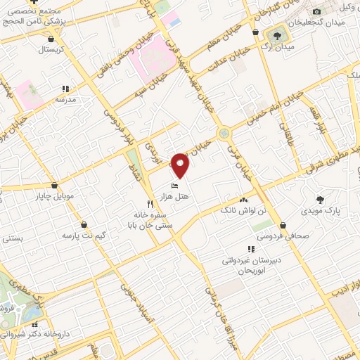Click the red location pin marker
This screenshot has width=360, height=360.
point(181,165)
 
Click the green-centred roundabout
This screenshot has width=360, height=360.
point(224,132)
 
